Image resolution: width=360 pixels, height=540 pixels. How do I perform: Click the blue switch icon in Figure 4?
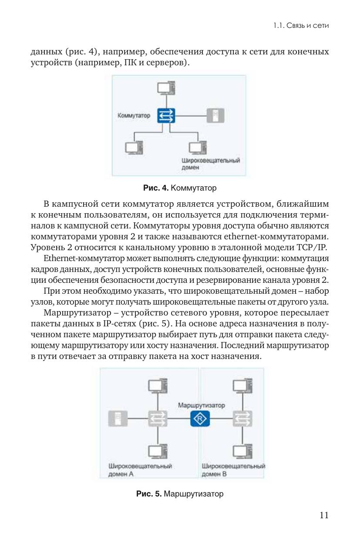[x=166, y=116]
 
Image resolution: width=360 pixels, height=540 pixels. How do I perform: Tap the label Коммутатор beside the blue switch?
[x=134, y=115]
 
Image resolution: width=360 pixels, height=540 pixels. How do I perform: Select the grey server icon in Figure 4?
[x=215, y=116]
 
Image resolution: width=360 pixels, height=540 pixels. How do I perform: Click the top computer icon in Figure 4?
[x=166, y=87]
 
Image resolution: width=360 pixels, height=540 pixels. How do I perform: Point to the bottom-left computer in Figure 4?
[x=134, y=147]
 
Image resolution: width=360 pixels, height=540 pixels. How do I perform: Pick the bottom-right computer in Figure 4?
[x=198, y=147]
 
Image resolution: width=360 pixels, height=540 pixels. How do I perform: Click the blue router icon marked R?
[x=200, y=419]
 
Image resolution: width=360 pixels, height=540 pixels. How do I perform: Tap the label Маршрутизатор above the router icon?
[x=202, y=405]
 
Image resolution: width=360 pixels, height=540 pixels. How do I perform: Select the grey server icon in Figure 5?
[x=118, y=419]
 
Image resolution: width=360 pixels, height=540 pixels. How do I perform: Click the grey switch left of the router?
[x=158, y=419]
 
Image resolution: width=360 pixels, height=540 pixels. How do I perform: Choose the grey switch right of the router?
[x=242, y=419]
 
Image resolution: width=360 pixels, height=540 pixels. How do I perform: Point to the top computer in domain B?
[x=242, y=386]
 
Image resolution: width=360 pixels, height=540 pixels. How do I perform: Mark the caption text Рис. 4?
[x=156, y=188]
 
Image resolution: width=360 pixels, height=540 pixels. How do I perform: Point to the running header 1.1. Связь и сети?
[x=301, y=26]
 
